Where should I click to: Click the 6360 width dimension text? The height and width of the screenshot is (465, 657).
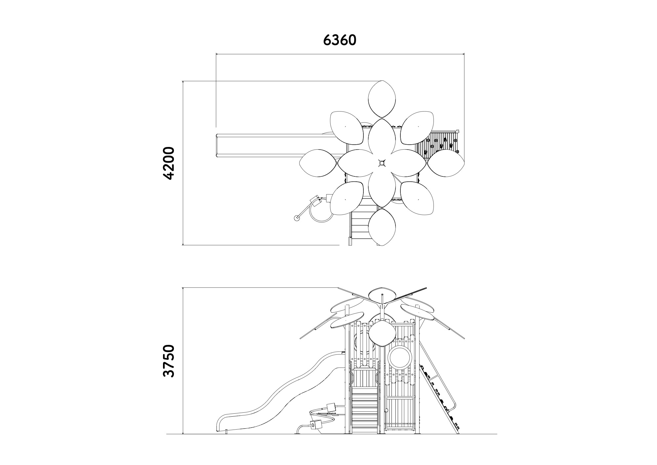pyautogui.click(x=340, y=40)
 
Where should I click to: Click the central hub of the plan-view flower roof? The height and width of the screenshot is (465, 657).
pyautogui.click(x=382, y=163)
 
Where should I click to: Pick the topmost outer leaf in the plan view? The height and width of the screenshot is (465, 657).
pyautogui.click(x=382, y=99)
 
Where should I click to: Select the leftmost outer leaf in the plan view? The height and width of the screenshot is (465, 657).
pyautogui.click(x=318, y=163)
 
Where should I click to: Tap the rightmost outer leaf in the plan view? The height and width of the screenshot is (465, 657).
pyautogui.click(x=446, y=163)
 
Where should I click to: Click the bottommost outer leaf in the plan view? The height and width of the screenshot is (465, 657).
pyautogui.click(x=382, y=227)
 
